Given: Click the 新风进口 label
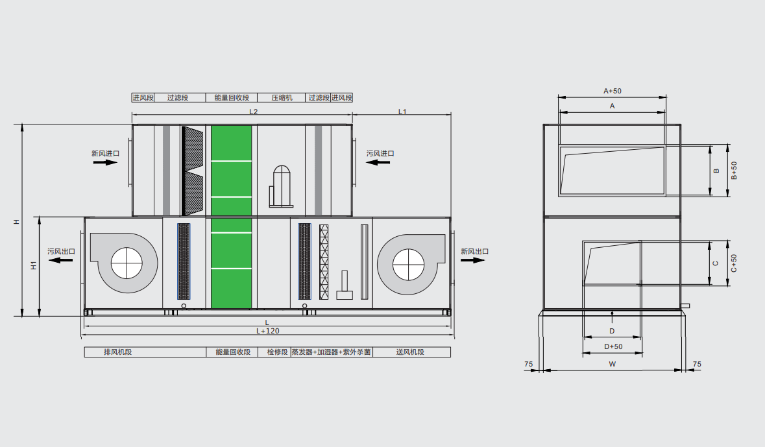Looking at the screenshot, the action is tap(105, 153).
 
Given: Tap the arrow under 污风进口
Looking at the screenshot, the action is tap(378, 162).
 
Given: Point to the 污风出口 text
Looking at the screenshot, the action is tap(62, 251).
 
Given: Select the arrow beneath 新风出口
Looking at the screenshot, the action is tap(473, 260).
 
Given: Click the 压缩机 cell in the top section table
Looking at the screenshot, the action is tap(282, 97).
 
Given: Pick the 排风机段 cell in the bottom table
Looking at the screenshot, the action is tap(145, 352).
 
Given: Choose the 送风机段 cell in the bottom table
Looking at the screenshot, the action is tap(411, 352).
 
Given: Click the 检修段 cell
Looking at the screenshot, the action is tap(278, 352).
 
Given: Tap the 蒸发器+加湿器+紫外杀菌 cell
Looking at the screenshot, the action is tap(332, 352).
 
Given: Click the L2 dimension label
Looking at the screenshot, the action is tap(253, 112).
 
